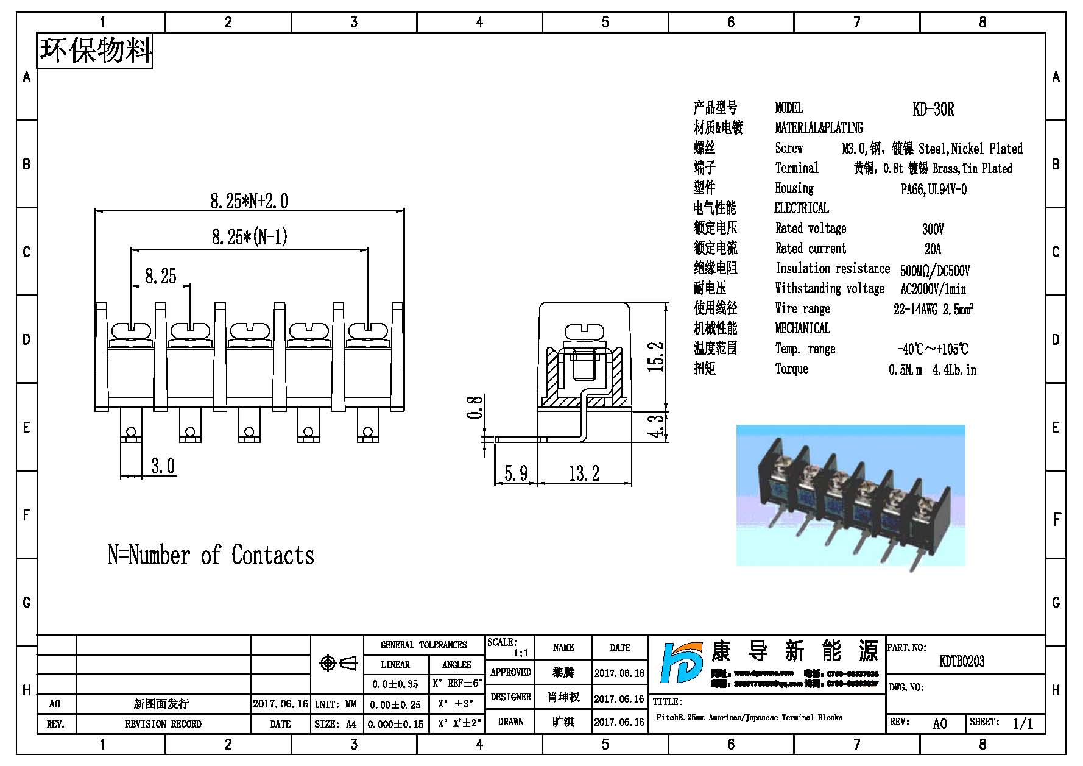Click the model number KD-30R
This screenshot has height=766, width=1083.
[x=933, y=110]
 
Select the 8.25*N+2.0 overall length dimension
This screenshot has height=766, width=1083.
[x=249, y=201]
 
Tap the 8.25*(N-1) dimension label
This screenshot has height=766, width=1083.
[x=249, y=237]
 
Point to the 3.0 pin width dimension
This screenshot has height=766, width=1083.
[x=163, y=466]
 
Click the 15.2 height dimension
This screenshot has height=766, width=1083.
[x=656, y=357]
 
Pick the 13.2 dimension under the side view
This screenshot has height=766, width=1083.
[x=584, y=473]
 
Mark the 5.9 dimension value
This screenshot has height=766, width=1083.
[x=515, y=473]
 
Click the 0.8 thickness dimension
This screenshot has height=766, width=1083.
[x=475, y=407]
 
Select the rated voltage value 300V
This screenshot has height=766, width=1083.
[x=933, y=229]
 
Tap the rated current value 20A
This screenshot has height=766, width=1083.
[x=933, y=249]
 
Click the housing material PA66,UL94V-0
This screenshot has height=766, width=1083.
[x=933, y=190]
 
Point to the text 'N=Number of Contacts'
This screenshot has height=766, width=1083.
[x=211, y=555]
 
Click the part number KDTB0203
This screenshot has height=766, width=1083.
[x=962, y=661]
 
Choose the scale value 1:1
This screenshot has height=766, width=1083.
[x=521, y=653]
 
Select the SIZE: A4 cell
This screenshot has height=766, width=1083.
[x=336, y=725]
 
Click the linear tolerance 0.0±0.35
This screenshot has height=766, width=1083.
[x=395, y=684]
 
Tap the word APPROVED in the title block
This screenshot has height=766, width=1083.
[x=510, y=672]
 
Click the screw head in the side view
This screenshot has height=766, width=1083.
[x=583, y=332]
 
